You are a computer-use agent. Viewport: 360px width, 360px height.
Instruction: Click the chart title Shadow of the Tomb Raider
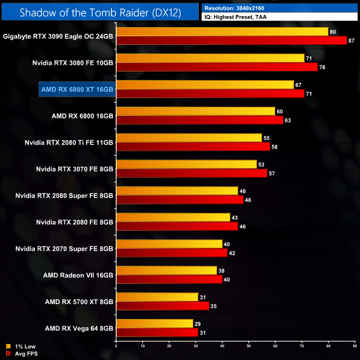(99, 12)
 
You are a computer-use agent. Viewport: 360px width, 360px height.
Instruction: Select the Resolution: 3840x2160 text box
(280, 8)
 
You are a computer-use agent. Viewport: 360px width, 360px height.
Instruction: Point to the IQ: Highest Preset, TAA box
(280, 17)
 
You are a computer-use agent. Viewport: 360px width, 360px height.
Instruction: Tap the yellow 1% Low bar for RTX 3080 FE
(210, 58)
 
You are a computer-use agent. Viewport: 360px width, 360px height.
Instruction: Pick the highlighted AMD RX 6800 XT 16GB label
(77, 89)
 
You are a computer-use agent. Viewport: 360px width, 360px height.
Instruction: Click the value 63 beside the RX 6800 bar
(288, 120)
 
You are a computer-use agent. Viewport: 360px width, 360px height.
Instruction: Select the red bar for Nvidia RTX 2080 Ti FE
(193, 147)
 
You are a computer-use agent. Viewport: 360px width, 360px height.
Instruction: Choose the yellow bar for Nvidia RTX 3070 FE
(186, 164)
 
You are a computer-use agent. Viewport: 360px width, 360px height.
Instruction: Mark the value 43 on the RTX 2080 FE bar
(235, 218)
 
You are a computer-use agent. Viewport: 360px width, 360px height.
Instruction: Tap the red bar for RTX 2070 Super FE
(172, 253)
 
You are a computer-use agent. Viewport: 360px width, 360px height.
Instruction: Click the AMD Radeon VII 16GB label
(78, 275)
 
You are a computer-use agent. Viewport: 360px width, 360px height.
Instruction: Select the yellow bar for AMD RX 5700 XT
(157, 297)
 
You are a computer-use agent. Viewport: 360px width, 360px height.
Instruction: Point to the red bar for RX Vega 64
(157, 333)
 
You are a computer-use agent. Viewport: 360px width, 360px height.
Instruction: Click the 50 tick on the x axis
(249, 347)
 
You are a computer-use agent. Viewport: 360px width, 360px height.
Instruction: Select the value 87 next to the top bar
(352, 40)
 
